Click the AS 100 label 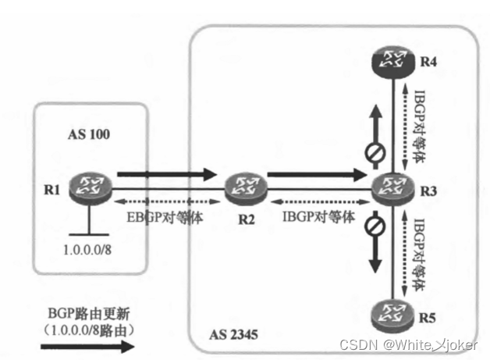pyautogui.click(x=88, y=135)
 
